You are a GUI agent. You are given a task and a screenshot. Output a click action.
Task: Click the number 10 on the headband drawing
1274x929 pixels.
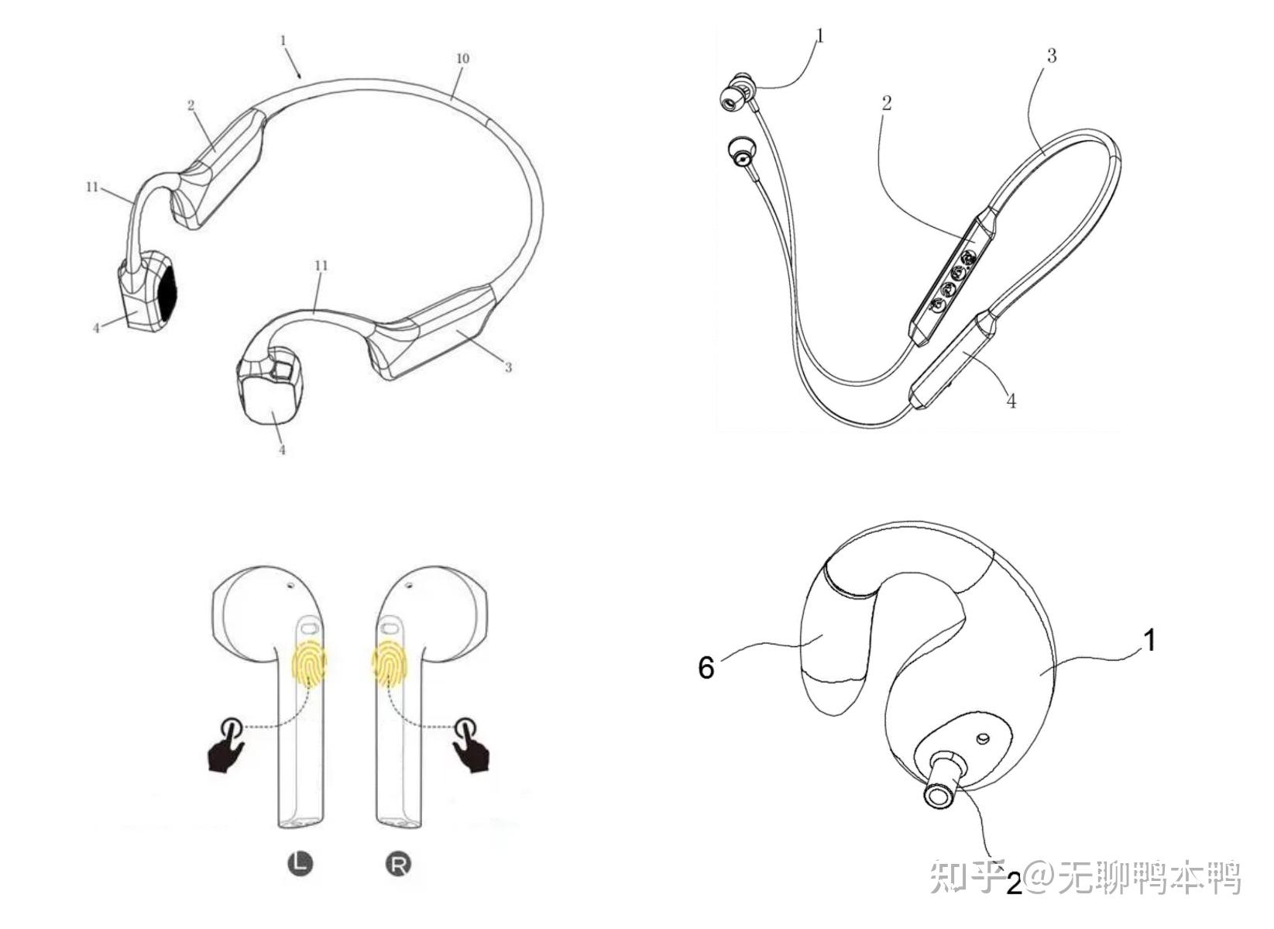tap(462, 58)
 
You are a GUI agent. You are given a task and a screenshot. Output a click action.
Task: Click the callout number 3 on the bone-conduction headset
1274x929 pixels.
tap(509, 367)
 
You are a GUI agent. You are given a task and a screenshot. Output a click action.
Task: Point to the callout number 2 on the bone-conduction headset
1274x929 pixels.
tap(191, 105)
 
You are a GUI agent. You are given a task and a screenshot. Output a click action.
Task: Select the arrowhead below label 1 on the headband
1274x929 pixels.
tap(299, 74)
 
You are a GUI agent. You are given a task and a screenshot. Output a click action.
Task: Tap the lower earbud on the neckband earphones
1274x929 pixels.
tap(742, 153)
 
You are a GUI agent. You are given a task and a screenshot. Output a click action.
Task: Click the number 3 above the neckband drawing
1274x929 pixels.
tap(1051, 56)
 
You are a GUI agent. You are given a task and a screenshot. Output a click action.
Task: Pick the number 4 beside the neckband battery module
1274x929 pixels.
tap(1011, 401)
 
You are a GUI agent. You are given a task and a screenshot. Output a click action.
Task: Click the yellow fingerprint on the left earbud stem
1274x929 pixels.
tap(310, 662)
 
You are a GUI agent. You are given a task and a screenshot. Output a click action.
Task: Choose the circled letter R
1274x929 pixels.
tap(399, 864)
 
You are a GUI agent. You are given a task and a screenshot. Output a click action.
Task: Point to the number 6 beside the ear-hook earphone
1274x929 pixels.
tap(706, 667)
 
